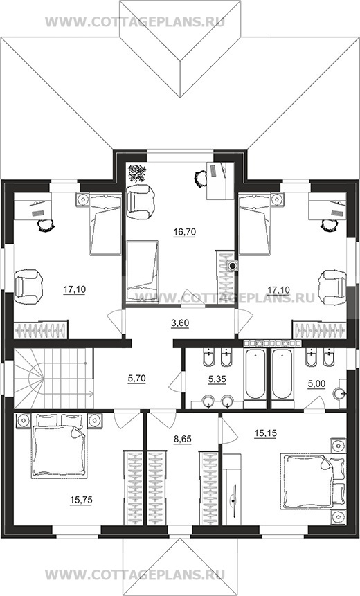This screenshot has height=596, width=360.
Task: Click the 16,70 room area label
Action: pos(184,231)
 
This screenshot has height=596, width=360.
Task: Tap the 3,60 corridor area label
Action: pos(180,323)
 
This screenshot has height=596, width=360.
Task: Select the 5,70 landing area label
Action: pos(136,378)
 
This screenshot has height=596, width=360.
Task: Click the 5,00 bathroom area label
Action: pos(316,384)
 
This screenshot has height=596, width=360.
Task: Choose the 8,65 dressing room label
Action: pos(183,440)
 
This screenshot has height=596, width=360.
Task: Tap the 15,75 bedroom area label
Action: pos(81,500)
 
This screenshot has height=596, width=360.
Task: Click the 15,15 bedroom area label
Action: pos(266,433)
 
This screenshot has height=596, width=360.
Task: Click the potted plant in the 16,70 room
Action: pos(137,173)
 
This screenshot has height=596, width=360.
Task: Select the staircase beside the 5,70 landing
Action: pos(53,378)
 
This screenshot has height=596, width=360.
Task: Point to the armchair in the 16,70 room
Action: pos(141,201)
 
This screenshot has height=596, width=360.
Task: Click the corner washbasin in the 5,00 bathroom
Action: pos(339,393)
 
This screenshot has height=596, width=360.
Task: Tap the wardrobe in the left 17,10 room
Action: pos(41,329)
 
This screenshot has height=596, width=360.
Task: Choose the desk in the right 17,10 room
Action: pos(327,206)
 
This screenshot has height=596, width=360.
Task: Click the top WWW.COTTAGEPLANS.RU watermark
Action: pos(135,21)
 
